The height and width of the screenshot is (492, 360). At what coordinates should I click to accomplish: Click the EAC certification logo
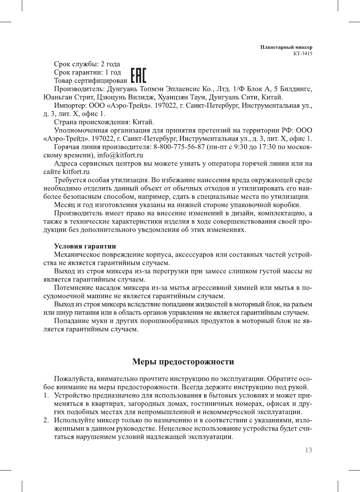pyautogui.click(x=138, y=76)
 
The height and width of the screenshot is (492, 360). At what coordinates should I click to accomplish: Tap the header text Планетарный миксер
pyautogui.click(x=286, y=47)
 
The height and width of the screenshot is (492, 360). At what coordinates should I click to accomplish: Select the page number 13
pyautogui.click(x=308, y=450)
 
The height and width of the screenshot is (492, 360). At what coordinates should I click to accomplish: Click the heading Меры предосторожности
pyautogui.click(x=183, y=362)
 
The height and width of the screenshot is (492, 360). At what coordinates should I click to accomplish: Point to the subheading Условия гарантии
pyautogui.click(x=85, y=246)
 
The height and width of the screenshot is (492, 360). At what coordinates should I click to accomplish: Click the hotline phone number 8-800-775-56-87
pyautogui.click(x=179, y=147)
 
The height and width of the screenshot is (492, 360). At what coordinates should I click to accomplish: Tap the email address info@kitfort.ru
pyautogui.click(x=120, y=155)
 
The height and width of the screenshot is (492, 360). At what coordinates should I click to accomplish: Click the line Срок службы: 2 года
pyautogui.click(x=87, y=64)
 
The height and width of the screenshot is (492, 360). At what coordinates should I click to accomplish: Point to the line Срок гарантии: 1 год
pyautogui.click(x=87, y=72)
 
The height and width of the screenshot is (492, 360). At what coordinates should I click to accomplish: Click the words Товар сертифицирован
pyautogui.click(x=91, y=81)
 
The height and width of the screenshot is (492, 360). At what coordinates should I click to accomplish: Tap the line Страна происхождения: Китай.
pyautogui.click(x=104, y=122)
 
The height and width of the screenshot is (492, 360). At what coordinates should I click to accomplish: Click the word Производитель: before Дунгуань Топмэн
pyautogui.click(x=79, y=89)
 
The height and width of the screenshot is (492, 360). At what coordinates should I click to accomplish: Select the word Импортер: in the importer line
pyautogui.click(x=70, y=105)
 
